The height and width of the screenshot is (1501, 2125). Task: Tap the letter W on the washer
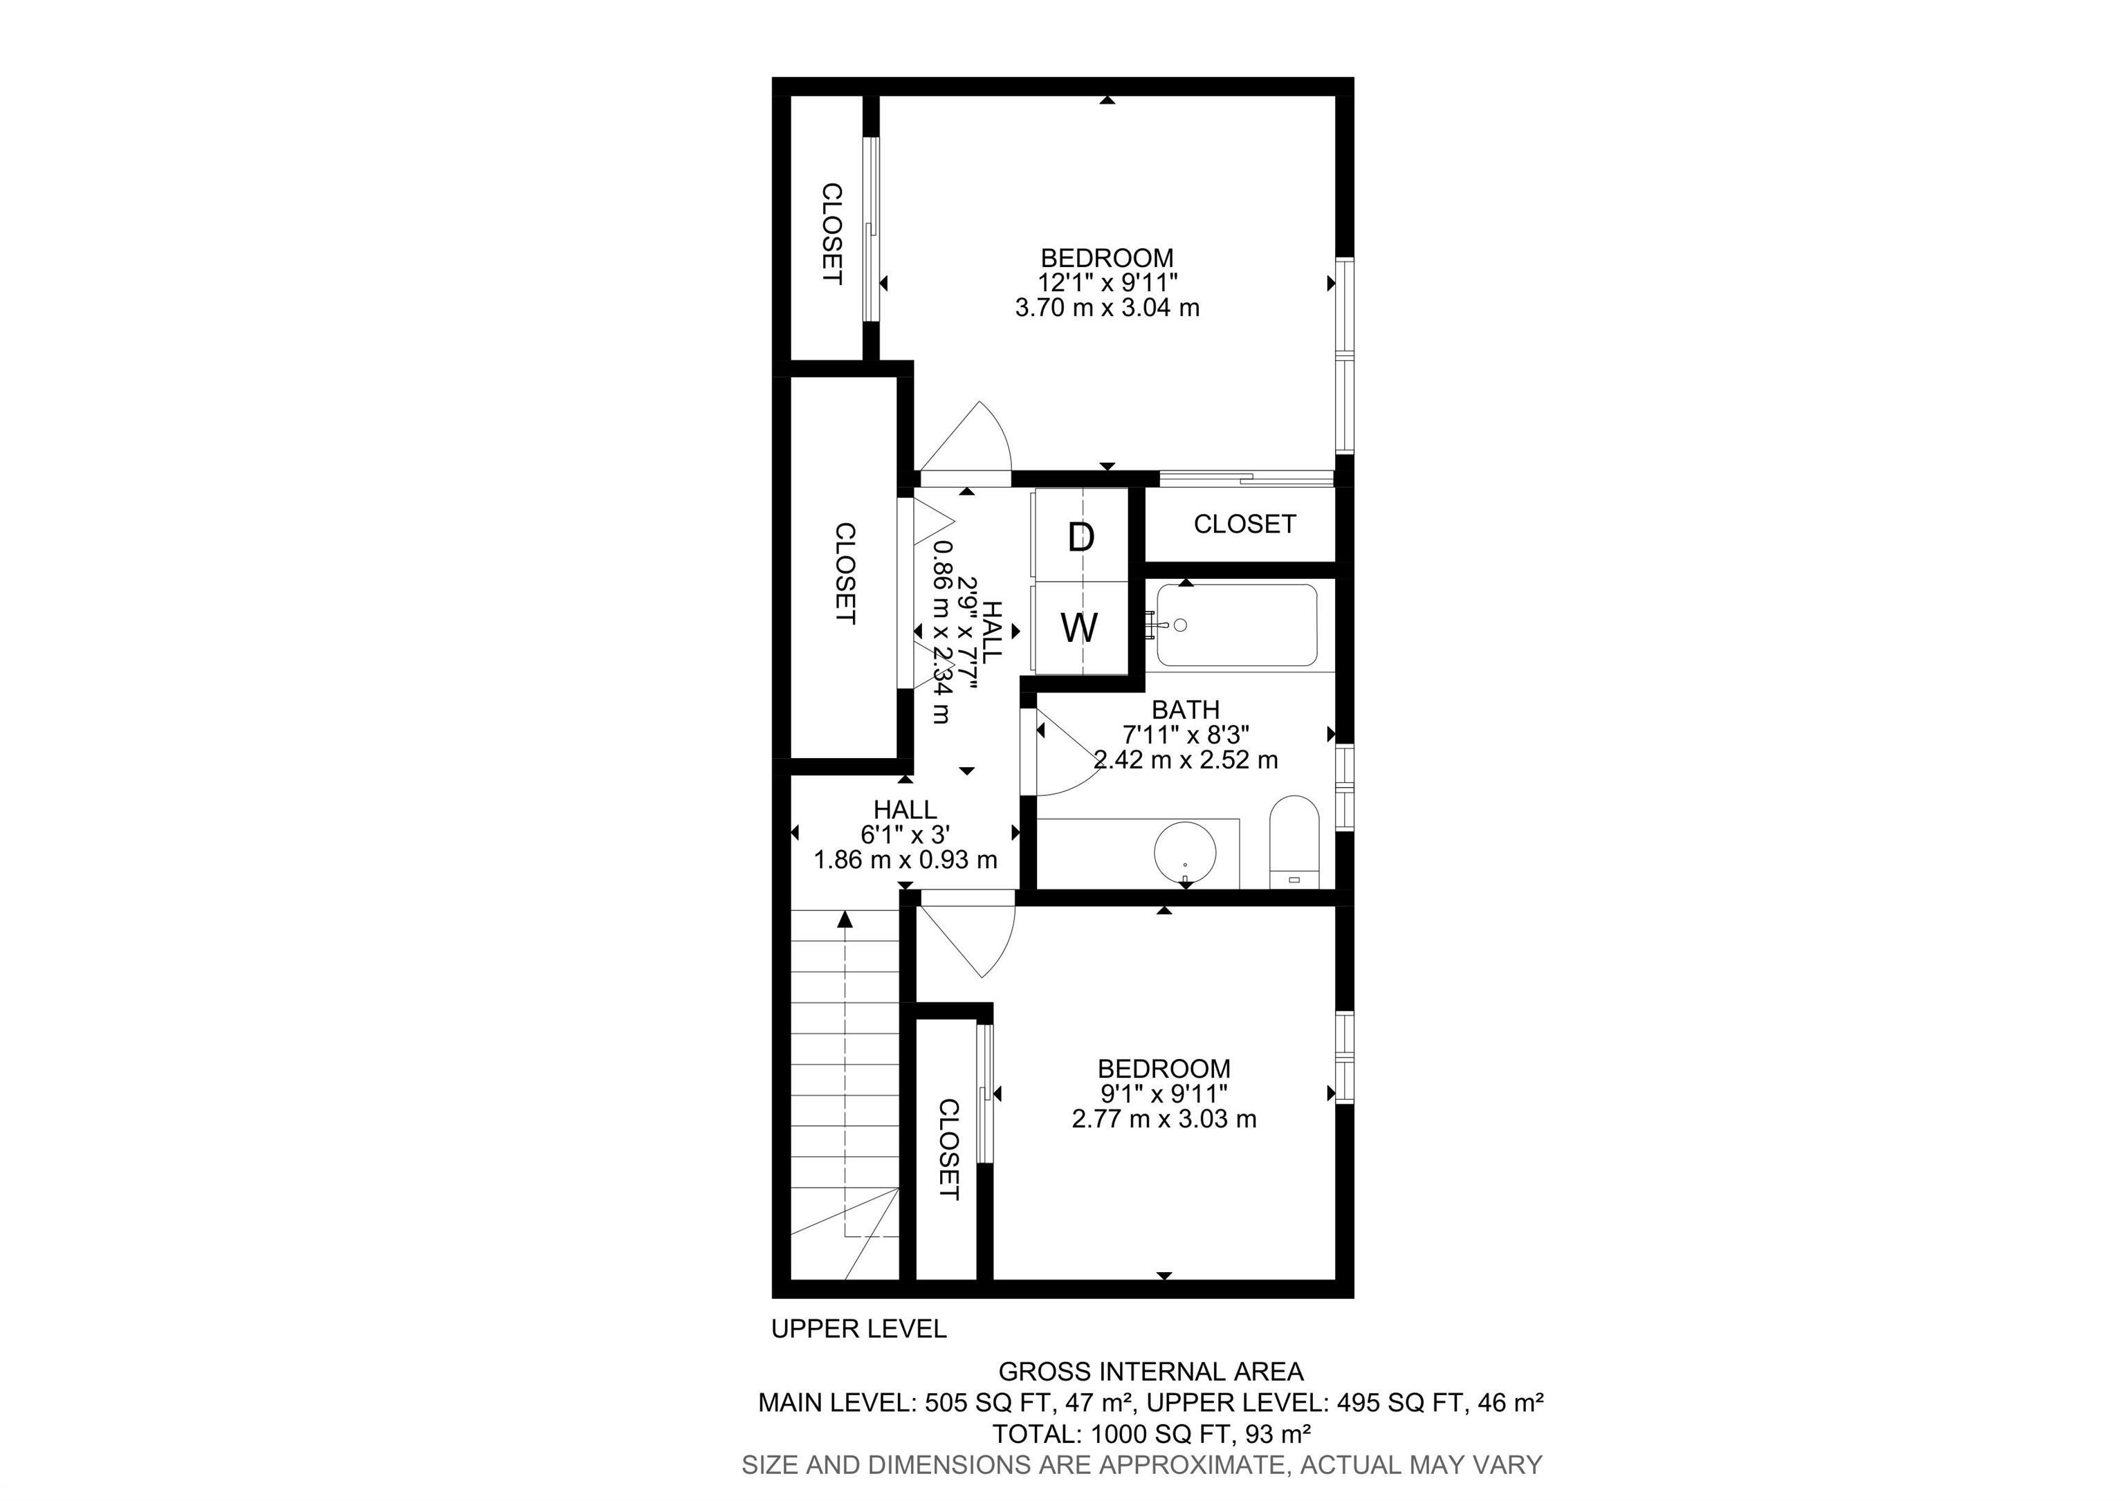1079,628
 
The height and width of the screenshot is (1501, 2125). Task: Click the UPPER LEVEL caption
858,1329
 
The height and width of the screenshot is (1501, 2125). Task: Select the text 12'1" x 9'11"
1107,282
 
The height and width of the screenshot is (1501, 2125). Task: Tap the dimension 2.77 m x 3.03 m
1163,1118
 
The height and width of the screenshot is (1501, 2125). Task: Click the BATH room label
1186,710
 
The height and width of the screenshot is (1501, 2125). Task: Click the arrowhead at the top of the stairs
844,919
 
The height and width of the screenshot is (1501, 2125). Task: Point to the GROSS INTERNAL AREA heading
1150,1372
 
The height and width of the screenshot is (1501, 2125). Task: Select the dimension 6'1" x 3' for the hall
905,835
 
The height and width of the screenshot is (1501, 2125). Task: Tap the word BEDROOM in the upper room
1107,258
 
